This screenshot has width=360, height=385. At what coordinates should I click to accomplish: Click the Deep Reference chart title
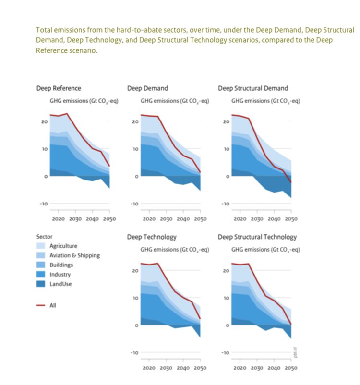tap(59, 88)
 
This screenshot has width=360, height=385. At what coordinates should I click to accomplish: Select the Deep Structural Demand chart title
tap(252, 88)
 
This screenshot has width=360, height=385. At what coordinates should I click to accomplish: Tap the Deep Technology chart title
tap(152, 237)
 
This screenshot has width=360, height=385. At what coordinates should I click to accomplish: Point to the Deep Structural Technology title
tap(257, 237)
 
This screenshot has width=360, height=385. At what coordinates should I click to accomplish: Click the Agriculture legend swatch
tap(41, 246)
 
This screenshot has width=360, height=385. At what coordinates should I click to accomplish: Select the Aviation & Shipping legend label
tap(74, 255)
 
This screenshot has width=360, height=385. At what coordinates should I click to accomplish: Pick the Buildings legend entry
tap(61, 265)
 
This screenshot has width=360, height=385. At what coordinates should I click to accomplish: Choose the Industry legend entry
tap(60, 275)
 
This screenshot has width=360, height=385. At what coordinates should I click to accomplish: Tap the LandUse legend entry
tap(60, 284)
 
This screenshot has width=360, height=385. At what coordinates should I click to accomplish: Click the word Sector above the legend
tap(44, 237)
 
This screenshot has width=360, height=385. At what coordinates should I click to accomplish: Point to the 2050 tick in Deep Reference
tap(109, 219)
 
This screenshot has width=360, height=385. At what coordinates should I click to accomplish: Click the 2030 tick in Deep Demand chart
tap(166, 219)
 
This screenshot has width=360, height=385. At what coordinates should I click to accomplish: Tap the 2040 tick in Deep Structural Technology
tap(274, 368)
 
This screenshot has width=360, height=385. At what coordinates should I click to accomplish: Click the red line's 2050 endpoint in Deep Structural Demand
tap(291, 182)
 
